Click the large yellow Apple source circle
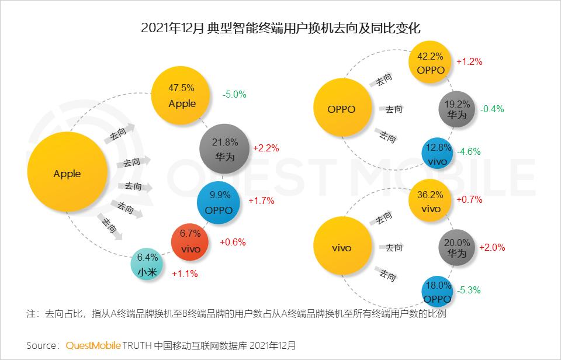[67, 174]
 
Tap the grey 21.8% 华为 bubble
[225, 148]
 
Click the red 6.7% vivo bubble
[191, 241]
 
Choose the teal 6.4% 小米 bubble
[148, 264]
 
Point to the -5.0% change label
[234, 94]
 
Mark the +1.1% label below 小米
[184, 273]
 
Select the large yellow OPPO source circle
[341, 109]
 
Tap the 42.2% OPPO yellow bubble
[431, 63]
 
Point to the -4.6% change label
[469, 151]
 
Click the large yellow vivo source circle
[341, 248]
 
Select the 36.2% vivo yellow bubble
[431, 202]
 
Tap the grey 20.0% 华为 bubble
[457, 248]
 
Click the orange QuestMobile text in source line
[93, 345]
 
